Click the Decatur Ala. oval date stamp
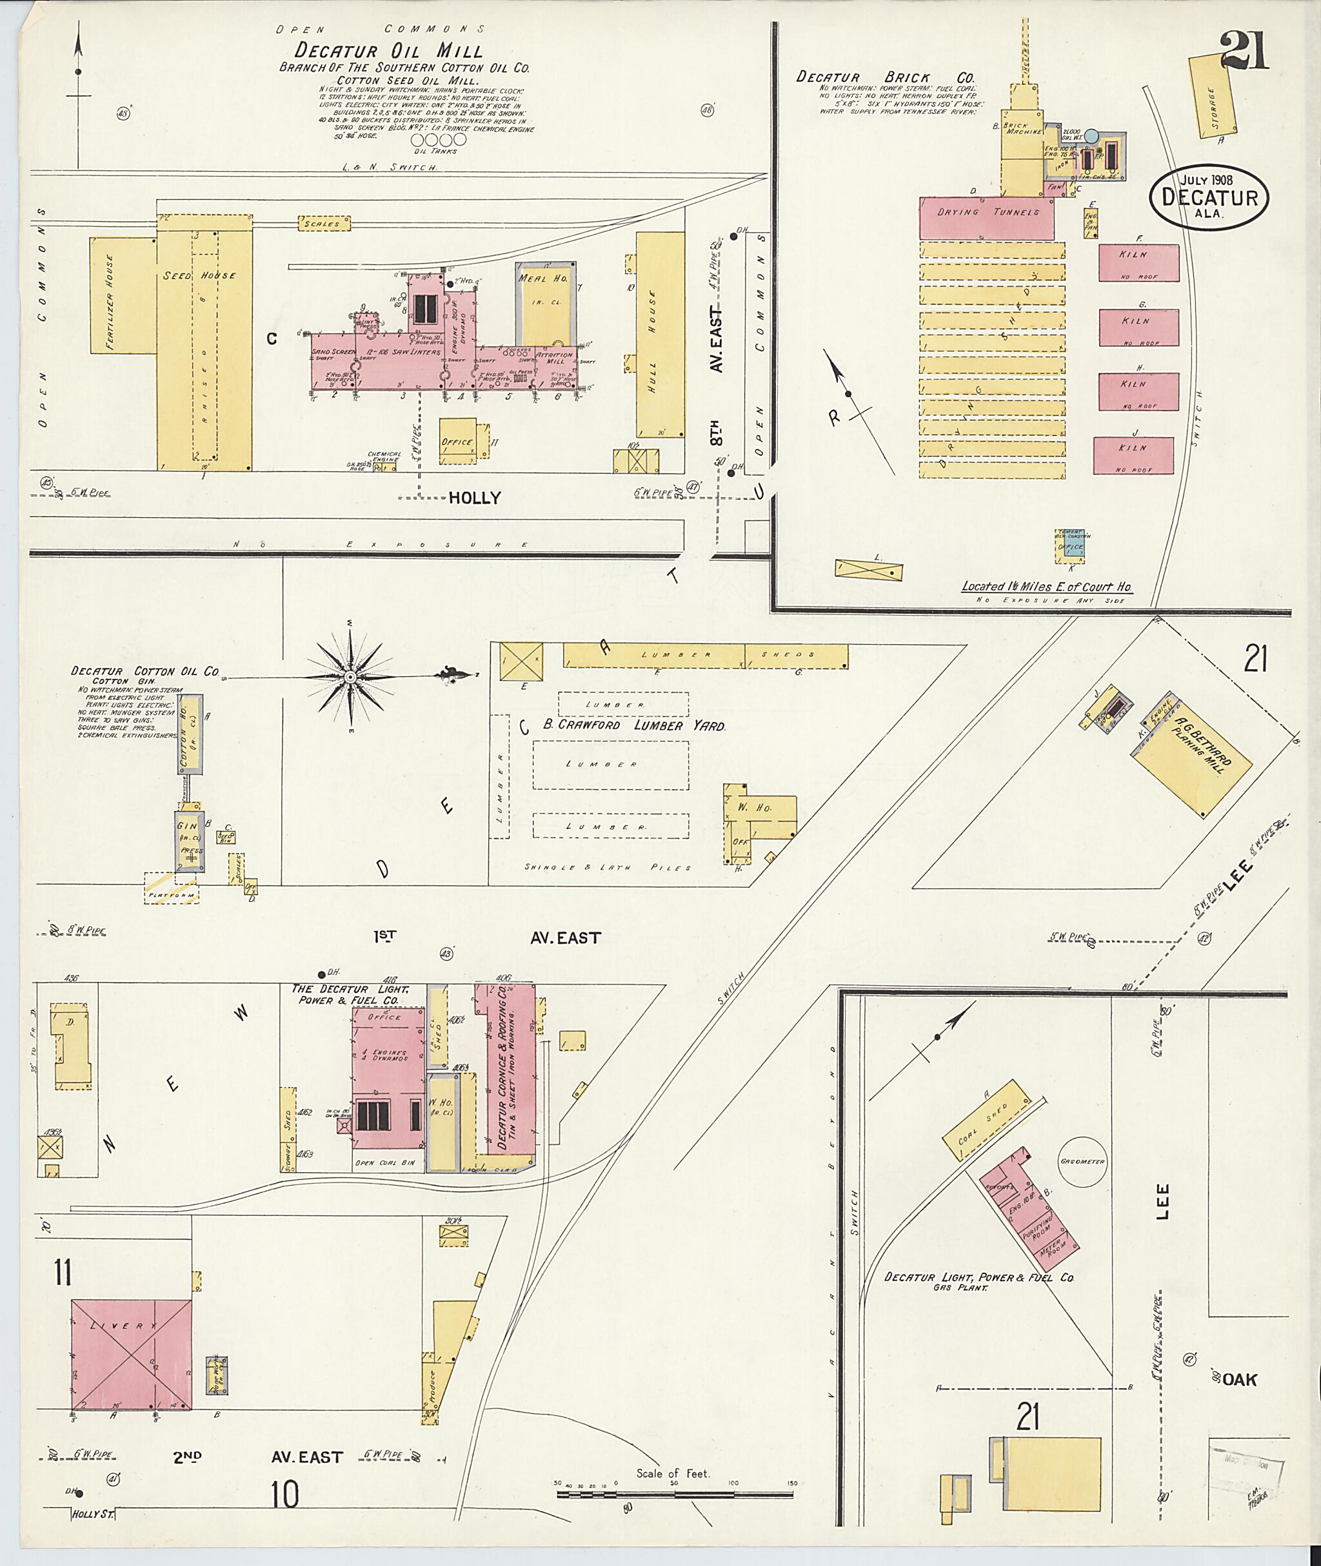click(1209, 197)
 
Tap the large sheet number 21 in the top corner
click(1244, 52)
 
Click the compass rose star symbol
click(349, 677)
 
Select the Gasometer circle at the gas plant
click(1082, 1161)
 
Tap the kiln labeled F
click(1138, 262)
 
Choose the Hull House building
click(660, 335)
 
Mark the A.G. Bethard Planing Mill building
click(1193, 756)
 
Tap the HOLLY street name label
click(474, 498)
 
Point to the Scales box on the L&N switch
click(322, 223)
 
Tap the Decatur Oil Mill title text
click(388, 50)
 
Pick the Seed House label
click(199, 275)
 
